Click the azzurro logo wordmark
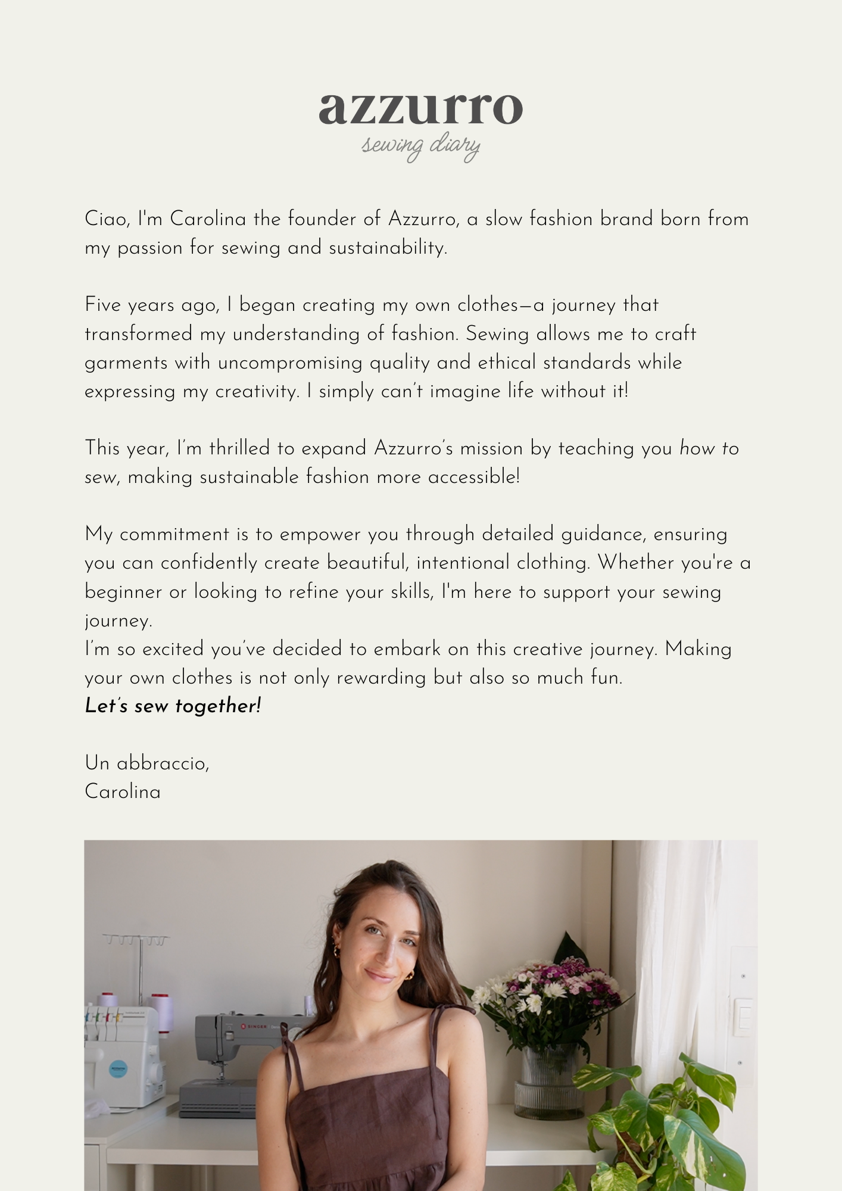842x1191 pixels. tap(420, 109)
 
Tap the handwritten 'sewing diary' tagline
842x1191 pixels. tap(420, 146)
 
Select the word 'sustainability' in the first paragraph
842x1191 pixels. tap(387, 248)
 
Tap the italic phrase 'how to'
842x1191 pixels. tap(709, 448)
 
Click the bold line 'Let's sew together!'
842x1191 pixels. tap(173, 706)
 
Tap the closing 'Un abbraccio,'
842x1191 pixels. tap(147, 763)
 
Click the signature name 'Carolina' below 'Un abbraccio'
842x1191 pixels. tap(123, 792)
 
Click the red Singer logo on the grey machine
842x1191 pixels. tap(243, 1025)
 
